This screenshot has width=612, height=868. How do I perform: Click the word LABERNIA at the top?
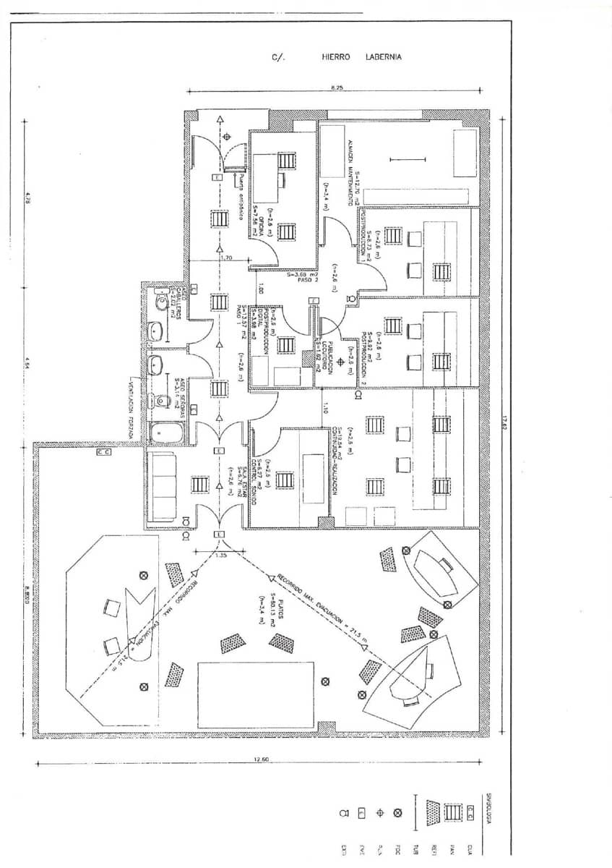384,57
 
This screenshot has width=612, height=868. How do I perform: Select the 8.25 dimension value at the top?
337,87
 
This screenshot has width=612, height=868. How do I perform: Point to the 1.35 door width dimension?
221,556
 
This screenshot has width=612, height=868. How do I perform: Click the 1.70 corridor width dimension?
225,258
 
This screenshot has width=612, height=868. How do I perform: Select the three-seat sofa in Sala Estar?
163,486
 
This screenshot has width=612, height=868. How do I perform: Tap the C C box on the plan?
103,452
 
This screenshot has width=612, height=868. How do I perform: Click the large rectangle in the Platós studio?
256,695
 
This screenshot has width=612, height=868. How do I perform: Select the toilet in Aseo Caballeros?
160,299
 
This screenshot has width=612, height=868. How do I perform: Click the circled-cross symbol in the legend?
397,813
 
